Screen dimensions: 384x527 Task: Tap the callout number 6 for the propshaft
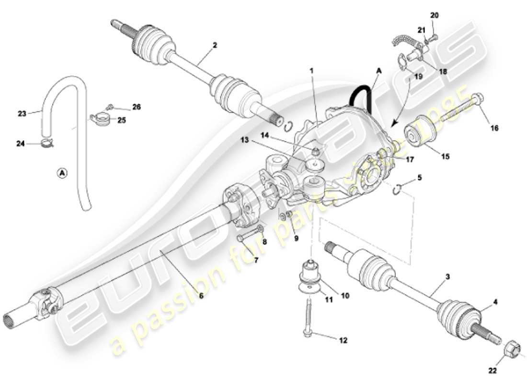pyautogui.click(x=201, y=296)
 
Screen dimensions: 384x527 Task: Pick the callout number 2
pyautogui.click(x=215, y=46)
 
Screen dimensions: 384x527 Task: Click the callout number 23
pyautogui.click(x=22, y=114)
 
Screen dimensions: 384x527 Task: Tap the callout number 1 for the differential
pyautogui.click(x=311, y=71)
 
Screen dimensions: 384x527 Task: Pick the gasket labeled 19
pyautogui.click(x=402, y=61)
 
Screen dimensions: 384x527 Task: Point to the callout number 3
pyautogui.click(x=448, y=277)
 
